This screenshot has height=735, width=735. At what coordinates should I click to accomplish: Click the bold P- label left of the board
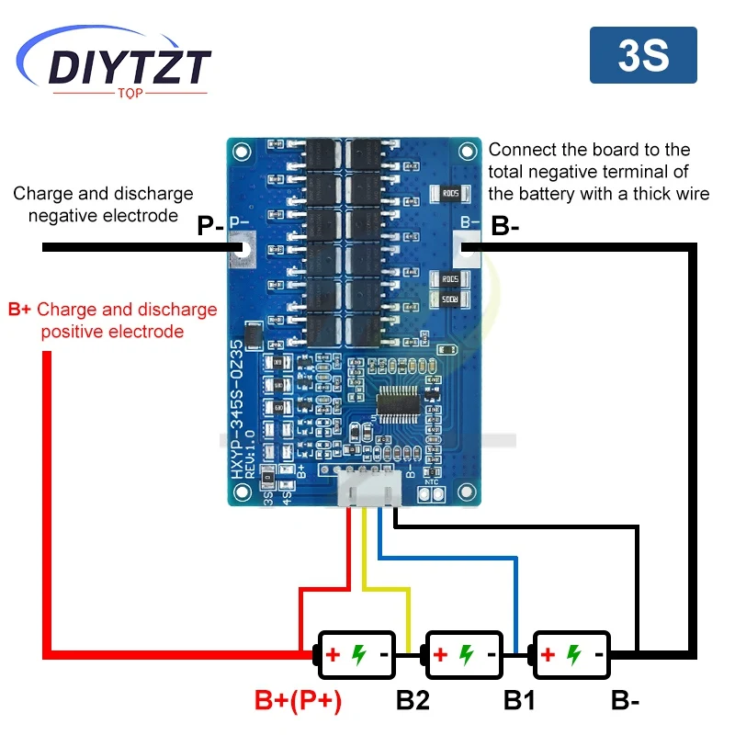click(x=211, y=226)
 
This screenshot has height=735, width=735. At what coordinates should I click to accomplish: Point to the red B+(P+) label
click(x=298, y=701)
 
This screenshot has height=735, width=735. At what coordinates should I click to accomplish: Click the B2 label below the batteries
click(x=413, y=701)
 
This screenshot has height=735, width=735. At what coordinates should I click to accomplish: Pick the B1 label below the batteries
click(x=520, y=701)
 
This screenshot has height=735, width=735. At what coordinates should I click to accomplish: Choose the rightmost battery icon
click(x=571, y=654)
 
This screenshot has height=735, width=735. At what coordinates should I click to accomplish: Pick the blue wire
click(x=450, y=556)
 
